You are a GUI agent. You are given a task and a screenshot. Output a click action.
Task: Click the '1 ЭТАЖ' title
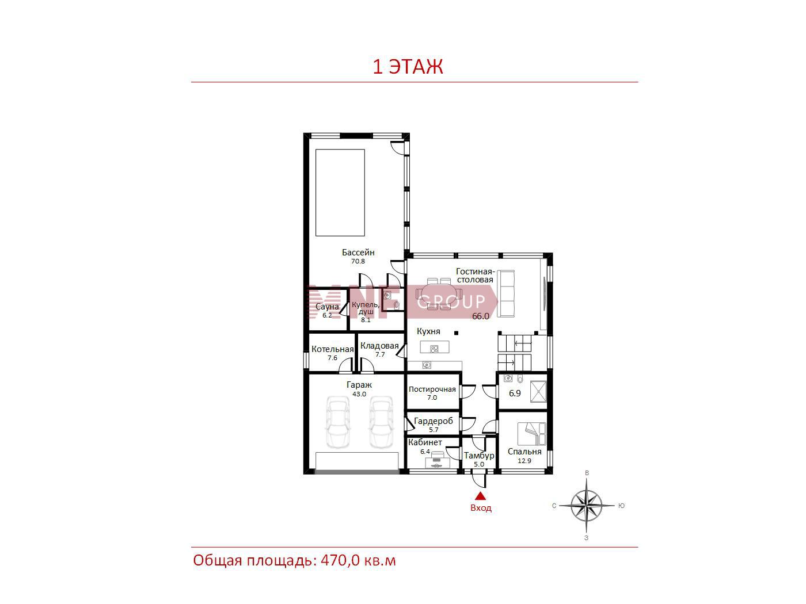tap(408, 67)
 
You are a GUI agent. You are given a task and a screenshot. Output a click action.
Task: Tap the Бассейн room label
tap(358, 253)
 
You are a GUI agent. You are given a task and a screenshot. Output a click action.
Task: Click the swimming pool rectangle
tap(340, 193)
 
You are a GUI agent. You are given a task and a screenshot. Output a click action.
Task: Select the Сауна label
tap(327, 307)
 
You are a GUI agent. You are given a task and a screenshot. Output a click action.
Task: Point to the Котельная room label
tap(332, 349)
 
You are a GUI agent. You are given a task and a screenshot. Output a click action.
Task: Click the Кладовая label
tap(379, 346)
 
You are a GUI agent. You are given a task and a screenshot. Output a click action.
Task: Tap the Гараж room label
tap(359, 385)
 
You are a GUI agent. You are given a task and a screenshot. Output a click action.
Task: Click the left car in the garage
tap(338, 422)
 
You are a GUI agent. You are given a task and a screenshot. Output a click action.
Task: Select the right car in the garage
tap(381, 422)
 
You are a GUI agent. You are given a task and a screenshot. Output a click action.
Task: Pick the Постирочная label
tap(432, 389)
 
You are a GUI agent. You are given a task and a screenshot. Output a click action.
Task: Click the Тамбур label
tap(479, 456)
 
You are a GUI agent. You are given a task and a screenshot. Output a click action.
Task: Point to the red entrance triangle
tap(480, 496)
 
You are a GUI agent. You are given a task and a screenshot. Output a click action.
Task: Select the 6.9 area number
tap(515, 393)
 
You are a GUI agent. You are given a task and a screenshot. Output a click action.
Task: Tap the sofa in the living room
tap(505, 293)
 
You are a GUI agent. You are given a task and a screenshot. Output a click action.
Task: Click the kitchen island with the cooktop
tap(435, 347)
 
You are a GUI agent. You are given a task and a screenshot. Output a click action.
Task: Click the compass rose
tap(587, 506)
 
